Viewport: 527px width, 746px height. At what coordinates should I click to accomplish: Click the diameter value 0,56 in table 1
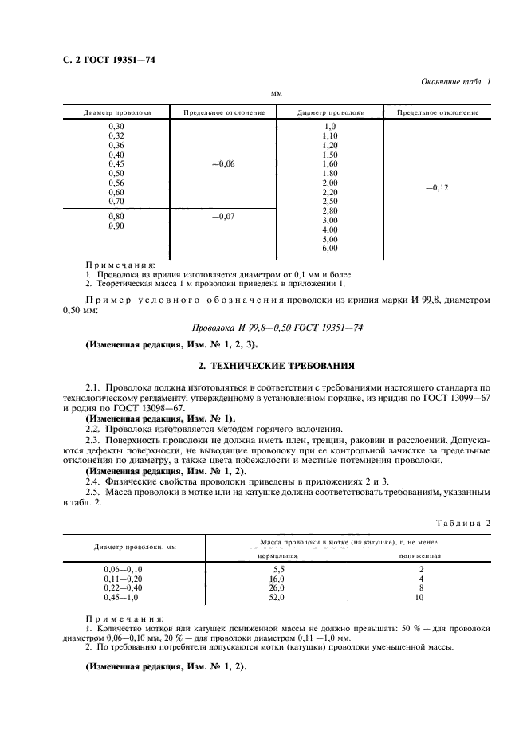coord(116,183)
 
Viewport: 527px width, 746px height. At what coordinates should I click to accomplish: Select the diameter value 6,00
coord(329,249)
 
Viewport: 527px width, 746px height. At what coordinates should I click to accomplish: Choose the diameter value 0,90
coord(116,226)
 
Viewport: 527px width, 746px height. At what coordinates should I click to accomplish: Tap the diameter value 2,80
coord(329,210)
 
